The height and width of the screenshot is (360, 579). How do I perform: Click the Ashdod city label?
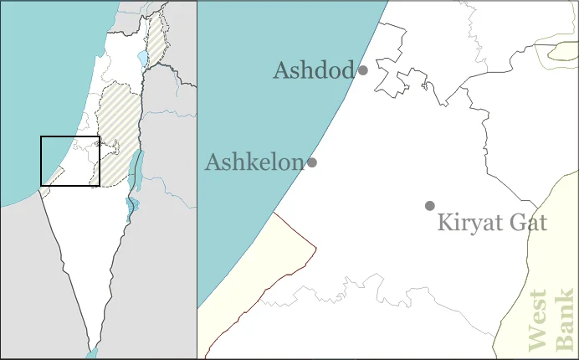pyautogui.click(x=314, y=71)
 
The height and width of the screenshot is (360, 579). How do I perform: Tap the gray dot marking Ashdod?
pyautogui.click(x=363, y=70)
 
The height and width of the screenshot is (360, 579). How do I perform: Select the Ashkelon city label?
pyautogui.click(x=254, y=162)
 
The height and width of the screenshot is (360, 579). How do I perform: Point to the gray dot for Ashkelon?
pyautogui.click(x=312, y=162)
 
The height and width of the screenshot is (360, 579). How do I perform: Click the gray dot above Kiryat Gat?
pyautogui.click(x=430, y=206)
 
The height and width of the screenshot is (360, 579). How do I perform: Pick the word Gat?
pyautogui.click(x=529, y=223)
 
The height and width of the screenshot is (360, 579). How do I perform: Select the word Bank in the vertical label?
pyautogui.click(x=566, y=320)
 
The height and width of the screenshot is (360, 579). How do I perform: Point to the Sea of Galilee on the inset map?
pyautogui.click(x=141, y=59)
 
